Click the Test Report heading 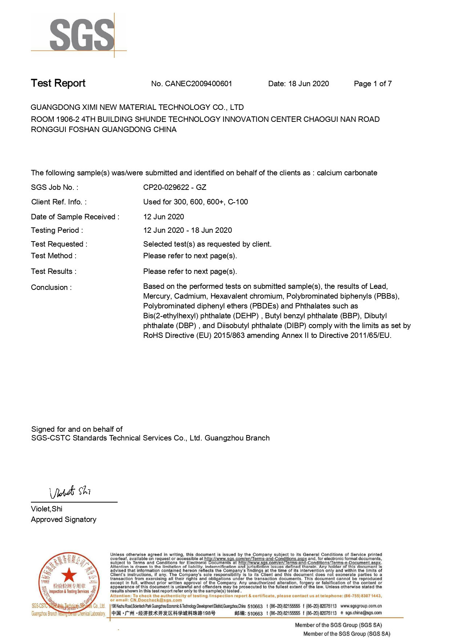(58, 83)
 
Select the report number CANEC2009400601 (198, 84)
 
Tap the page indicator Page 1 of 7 (373, 84)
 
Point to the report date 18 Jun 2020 (309, 84)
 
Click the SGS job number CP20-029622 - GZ (174, 187)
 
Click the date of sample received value (164, 217)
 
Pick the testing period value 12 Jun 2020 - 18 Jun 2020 (188, 230)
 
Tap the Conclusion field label (51, 287)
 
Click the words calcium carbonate (347, 173)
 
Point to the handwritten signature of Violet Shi (70, 492)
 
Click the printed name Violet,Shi (47, 509)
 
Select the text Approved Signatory (64, 519)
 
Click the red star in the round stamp (69, 575)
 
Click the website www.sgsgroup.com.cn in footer (361, 606)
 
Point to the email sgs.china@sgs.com (363, 613)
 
